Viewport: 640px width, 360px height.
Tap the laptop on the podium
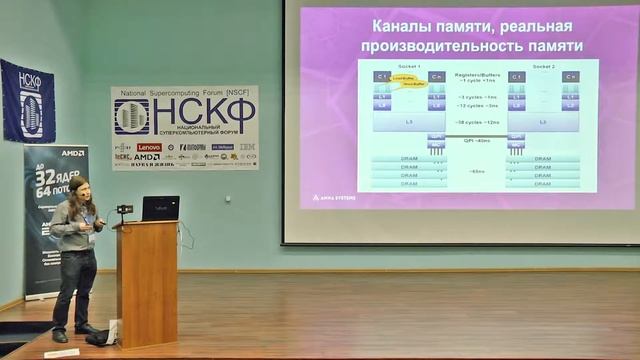pos(160,208)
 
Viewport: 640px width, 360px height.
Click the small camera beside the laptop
pos(125,210)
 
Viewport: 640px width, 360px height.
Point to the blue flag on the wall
pos(28,101)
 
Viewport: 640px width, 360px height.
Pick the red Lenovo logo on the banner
pos(149,147)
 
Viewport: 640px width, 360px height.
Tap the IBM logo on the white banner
pos(246,147)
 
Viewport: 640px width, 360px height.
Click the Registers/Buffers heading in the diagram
pos(477,73)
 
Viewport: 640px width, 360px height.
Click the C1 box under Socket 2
pos(516,76)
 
